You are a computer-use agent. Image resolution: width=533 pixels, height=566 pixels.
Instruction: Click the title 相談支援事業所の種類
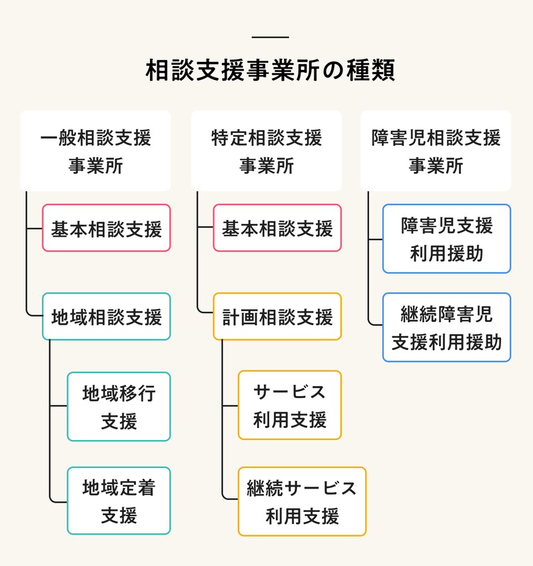click(x=270, y=71)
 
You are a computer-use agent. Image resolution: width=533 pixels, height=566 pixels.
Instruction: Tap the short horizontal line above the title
click(x=271, y=37)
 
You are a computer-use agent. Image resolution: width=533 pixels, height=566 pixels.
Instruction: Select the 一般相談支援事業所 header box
click(x=95, y=151)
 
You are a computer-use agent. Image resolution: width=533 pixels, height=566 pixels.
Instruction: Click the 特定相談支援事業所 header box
click(x=266, y=151)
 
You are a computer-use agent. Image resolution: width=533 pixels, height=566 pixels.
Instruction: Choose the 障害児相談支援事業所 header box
click(x=436, y=151)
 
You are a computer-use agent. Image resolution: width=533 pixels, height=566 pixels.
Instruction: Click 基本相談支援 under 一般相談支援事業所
click(x=107, y=228)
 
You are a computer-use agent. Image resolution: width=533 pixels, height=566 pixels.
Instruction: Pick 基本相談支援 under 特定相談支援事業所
click(x=277, y=228)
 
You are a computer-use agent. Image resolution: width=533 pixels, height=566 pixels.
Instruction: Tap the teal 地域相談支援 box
click(x=107, y=317)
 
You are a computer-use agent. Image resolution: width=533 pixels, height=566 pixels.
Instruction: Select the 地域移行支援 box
click(x=119, y=407)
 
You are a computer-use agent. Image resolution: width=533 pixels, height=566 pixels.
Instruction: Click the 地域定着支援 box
click(x=119, y=501)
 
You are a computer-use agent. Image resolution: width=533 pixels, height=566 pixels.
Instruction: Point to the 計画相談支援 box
click(x=277, y=317)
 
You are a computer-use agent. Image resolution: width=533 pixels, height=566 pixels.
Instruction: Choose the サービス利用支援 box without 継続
click(x=290, y=405)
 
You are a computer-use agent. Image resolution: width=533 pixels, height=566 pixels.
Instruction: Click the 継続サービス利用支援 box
click(x=302, y=501)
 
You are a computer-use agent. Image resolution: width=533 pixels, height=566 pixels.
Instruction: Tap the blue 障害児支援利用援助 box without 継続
click(x=446, y=239)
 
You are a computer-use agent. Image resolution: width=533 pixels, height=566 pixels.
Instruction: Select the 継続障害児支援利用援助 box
click(x=446, y=327)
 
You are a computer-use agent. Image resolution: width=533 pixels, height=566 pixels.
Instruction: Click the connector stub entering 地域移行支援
click(x=59, y=406)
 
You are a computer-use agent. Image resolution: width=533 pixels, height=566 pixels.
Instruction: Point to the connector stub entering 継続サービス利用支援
click(x=230, y=499)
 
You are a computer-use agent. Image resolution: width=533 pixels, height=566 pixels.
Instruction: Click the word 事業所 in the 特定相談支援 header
click(x=266, y=165)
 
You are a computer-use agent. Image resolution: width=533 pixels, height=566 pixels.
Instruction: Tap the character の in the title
click(x=330, y=71)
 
